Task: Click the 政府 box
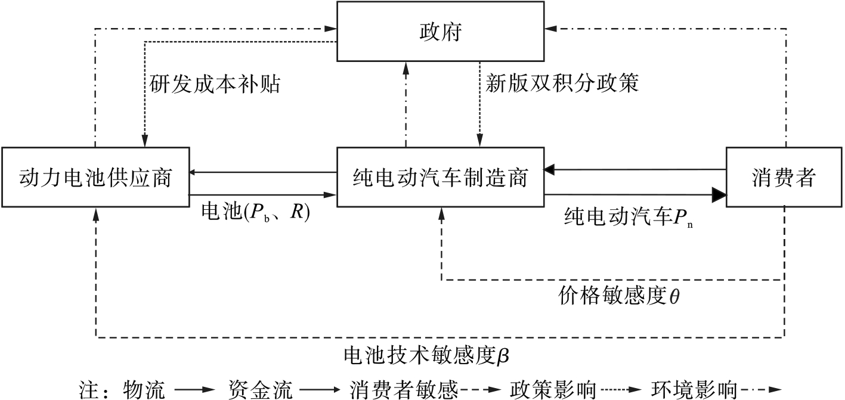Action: (440, 32)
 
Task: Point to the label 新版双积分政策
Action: (562, 83)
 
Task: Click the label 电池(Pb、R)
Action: (256, 212)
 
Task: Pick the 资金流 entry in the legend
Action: (261, 389)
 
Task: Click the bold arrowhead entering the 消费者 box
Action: (719, 194)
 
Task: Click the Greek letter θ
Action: (674, 296)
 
